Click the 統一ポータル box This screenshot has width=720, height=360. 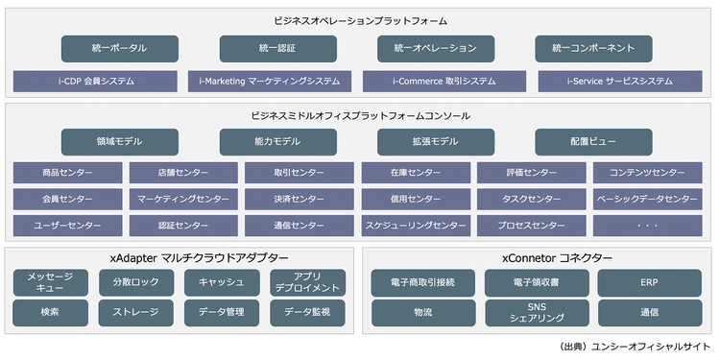pyautogui.click(x=119, y=48)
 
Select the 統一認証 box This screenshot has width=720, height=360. pyautogui.click(x=276, y=48)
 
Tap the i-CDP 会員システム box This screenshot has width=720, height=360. pyautogui.click(x=96, y=82)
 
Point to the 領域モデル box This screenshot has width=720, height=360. pyautogui.click(x=119, y=141)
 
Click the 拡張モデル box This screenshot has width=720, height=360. pyautogui.click(x=434, y=141)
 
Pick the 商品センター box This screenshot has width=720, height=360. pyautogui.click(x=67, y=173)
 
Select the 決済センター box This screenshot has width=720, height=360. pyautogui.click(x=299, y=200)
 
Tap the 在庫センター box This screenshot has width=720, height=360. pyautogui.click(x=416, y=173)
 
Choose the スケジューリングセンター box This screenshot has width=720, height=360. pyautogui.click(x=416, y=227)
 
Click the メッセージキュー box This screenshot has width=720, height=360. pyautogui.click(x=51, y=282)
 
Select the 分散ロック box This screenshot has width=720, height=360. pyautogui.click(x=135, y=282)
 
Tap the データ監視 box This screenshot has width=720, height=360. pyautogui.click(x=307, y=313)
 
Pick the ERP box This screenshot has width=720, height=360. pyautogui.click(x=649, y=282)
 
